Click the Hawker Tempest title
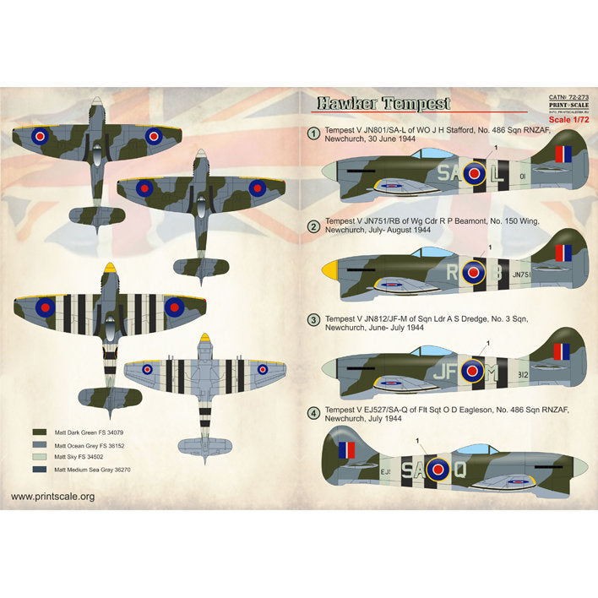tap(383, 104)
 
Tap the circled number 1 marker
tap(313, 133)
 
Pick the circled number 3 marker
tap(313, 320)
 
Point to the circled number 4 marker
tap(313, 413)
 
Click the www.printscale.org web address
tap(53, 497)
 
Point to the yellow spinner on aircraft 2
tap(330, 271)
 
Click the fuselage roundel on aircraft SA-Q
tap(438, 468)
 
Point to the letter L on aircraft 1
tap(498, 176)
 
